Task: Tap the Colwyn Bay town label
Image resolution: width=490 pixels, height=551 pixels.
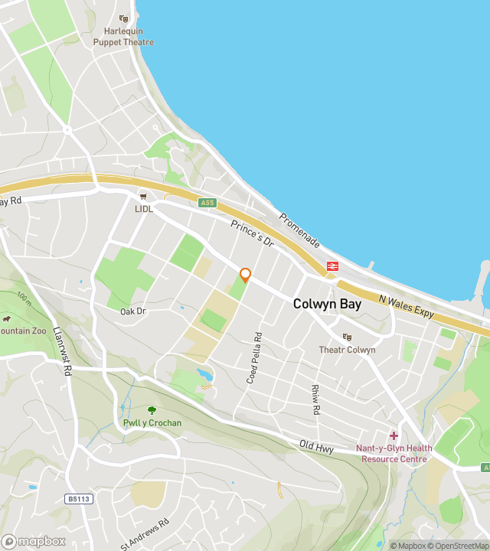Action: (x=327, y=304)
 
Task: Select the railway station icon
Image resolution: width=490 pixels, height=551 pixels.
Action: (x=333, y=266)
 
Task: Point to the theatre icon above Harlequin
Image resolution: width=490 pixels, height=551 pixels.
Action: (x=124, y=19)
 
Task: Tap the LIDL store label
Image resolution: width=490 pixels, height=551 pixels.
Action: (x=144, y=208)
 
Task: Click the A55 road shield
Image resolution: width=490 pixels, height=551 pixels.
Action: (x=207, y=203)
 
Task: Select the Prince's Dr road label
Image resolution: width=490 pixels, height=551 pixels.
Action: (x=252, y=232)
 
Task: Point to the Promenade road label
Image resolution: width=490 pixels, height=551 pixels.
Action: (x=299, y=230)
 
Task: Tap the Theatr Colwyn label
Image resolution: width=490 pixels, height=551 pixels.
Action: (x=347, y=350)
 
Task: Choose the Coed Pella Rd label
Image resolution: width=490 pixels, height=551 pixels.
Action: (x=258, y=357)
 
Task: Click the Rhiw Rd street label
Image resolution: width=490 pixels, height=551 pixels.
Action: (x=315, y=399)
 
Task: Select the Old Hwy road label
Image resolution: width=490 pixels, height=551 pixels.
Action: (x=316, y=446)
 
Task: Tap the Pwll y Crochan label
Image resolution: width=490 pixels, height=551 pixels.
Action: (x=152, y=423)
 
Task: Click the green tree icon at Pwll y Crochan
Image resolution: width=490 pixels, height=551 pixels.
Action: (x=152, y=410)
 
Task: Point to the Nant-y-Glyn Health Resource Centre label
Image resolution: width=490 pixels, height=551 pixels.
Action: (x=394, y=454)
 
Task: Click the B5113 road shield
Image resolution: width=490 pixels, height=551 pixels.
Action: (x=79, y=499)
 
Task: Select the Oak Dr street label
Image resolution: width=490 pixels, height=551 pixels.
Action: (x=132, y=311)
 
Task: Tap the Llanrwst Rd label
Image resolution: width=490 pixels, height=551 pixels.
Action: (x=63, y=350)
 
